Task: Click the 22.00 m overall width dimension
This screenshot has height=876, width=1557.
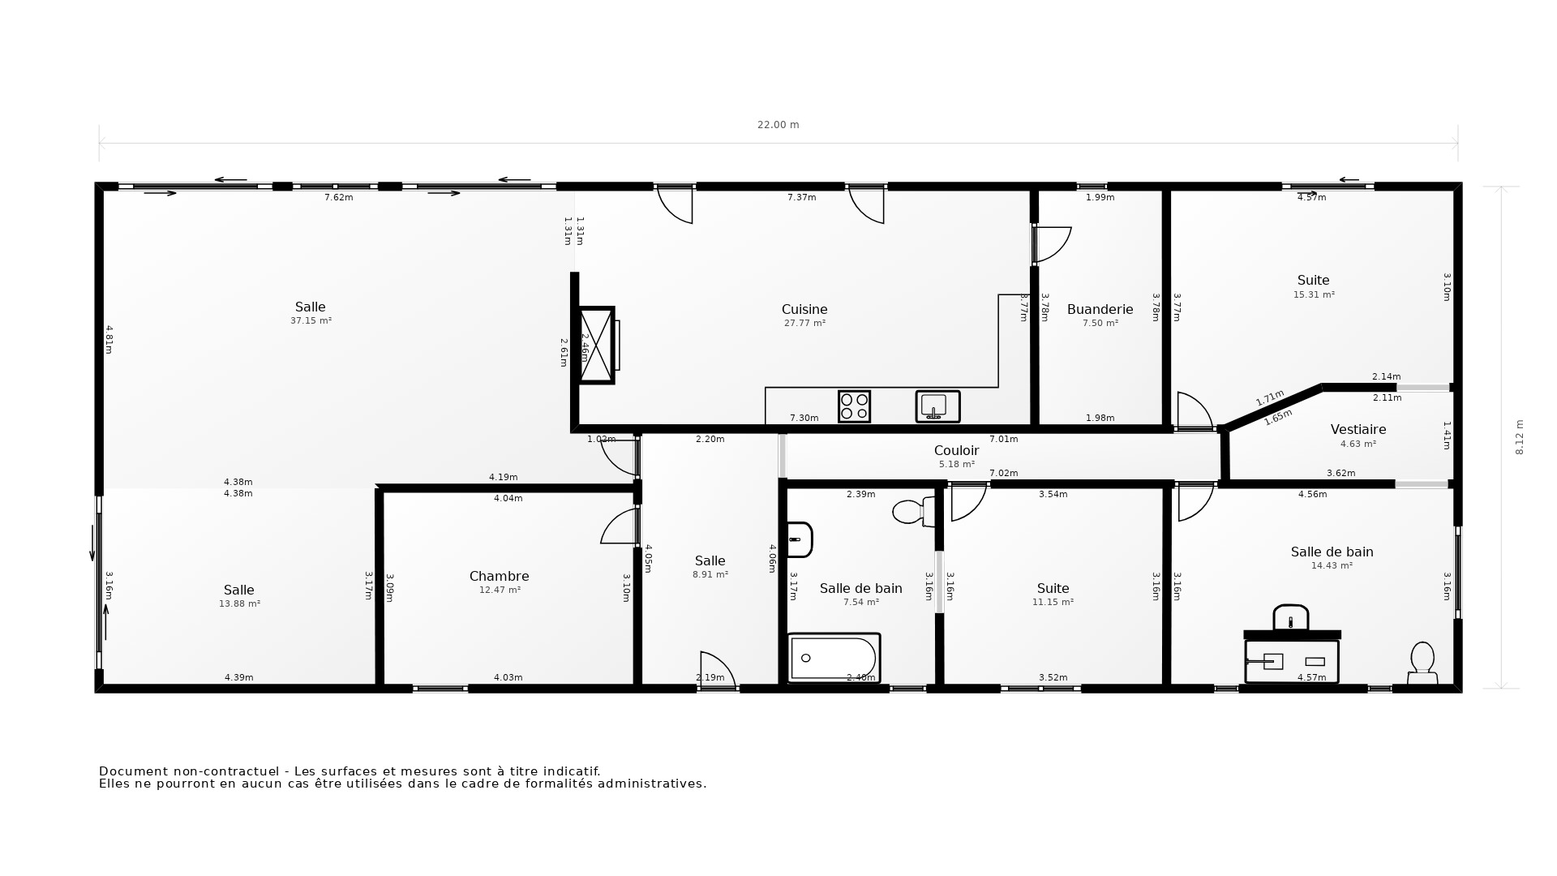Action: pyautogui.click(x=778, y=125)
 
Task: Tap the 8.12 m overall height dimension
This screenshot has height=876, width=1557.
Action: pyautogui.click(x=1520, y=436)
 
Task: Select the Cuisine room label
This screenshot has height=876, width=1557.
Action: pyautogui.click(x=804, y=309)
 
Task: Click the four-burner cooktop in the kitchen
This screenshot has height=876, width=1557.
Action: pyautogui.click(x=854, y=406)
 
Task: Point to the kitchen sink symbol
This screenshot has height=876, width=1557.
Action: pyautogui.click(x=937, y=406)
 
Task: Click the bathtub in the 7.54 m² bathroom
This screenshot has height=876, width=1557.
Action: pyautogui.click(x=834, y=658)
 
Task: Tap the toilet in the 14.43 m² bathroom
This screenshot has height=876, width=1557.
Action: pyautogui.click(x=1422, y=663)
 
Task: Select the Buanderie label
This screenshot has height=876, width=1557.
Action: pyautogui.click(x=1100, y=309)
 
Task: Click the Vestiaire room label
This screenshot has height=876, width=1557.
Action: pyautogui.click(x=1358, y=429)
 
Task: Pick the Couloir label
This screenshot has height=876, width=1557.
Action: pyautogui.click(x=956, y=450)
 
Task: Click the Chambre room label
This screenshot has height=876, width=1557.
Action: pyautogui.click(x=499, y=576)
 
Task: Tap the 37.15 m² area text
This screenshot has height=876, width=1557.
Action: pyautogui.click(x=311, y=320)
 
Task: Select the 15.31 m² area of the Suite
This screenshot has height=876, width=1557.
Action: pyautogui.click(x=1313, y=294)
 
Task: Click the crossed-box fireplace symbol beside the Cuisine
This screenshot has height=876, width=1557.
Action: pyautogui.click(x=597, y=346)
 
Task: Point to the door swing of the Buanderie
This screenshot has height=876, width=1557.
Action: pyautogui.click(x=1053, y=244)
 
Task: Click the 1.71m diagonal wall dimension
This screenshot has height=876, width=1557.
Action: pyautogui.click(x=1269, y=397)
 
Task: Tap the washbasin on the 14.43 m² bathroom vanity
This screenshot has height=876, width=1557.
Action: pyautogui.click(x=1290, y=618)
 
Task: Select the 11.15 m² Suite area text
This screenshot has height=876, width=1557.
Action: pyautogui.click(x=1053, y=602)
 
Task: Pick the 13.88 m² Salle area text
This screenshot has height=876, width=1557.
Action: pyautogui.click(x=239, y=603)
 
